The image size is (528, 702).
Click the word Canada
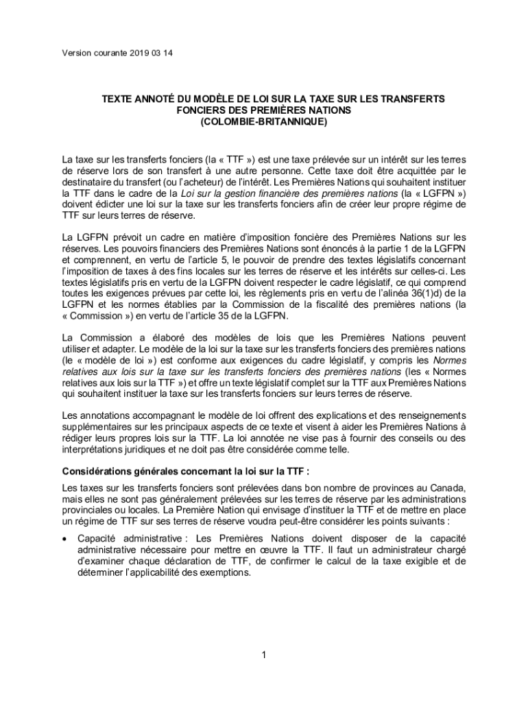coord(448,487)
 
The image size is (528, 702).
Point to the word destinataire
coord(88,182)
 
